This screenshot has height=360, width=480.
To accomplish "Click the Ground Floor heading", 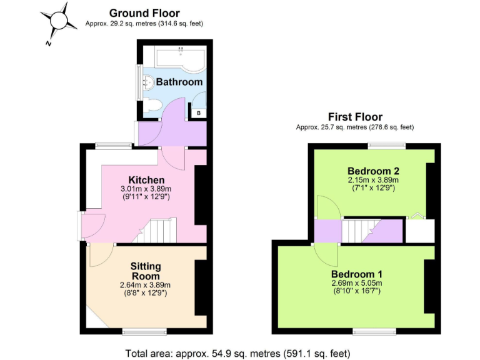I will coord(144,13).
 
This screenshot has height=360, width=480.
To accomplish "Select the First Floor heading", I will coord(355,117).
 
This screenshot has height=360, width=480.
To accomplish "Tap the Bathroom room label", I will coord(179,82).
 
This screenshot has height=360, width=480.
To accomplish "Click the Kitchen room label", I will coord(146,180).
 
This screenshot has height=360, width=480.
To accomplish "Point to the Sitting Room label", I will coord(145,271).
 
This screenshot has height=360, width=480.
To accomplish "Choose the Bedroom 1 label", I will coord(357,274).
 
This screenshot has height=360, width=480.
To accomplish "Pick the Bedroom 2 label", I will coord(373,171).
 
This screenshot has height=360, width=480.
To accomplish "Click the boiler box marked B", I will coord(198,113).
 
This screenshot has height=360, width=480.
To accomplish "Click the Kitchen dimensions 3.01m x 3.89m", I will coord(146,189).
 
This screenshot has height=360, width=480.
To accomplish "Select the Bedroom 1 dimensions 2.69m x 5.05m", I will coord(357,284).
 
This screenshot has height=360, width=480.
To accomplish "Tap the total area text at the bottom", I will coord(237,352).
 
